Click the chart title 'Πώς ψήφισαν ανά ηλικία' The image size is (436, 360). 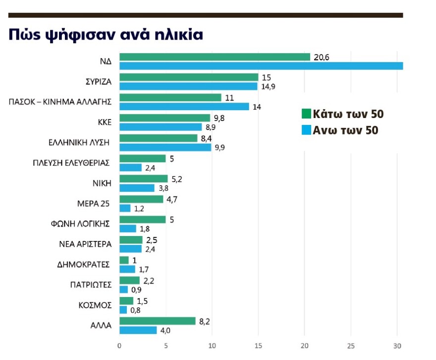click(106, 35)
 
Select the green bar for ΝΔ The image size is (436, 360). click(215, 57)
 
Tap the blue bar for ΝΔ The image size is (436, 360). click(261, 66)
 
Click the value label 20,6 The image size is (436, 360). click(321, 57)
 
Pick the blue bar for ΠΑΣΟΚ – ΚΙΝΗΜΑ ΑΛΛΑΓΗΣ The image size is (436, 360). click(184, 107)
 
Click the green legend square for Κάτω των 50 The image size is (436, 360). click(306, 115)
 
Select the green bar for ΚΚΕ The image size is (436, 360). click(165, 118)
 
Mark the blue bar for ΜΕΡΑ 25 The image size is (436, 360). click(125, 208)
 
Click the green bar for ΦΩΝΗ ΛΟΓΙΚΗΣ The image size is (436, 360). click(143, 219)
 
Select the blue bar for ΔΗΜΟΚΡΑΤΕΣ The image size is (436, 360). click(127, 269)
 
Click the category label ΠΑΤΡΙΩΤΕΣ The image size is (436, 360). click(91, 285)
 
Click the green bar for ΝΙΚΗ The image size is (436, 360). click(144, 179)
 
